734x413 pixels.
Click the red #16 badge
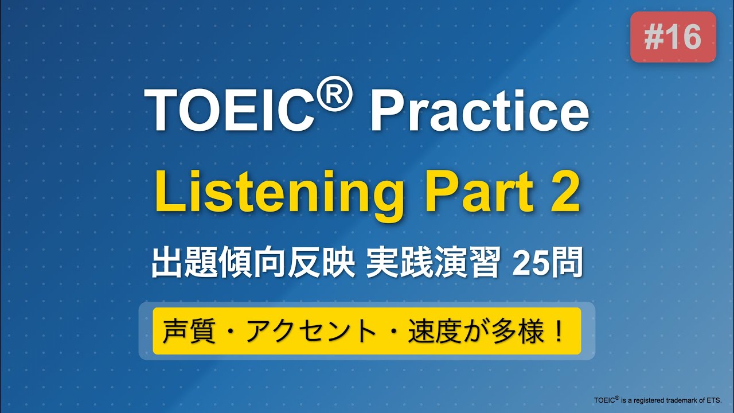click(x=673, y=37)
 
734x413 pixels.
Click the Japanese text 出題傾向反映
click(x=253, y=264)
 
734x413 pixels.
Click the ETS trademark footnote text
click(x=657, y=399)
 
